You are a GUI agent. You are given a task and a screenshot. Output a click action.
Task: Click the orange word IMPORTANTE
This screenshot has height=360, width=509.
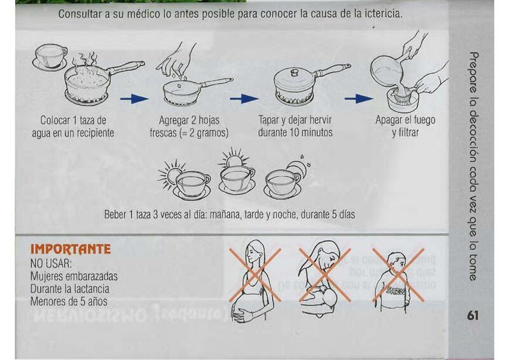coord(71,249)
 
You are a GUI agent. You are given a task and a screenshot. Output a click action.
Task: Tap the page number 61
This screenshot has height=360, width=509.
coord(473,315)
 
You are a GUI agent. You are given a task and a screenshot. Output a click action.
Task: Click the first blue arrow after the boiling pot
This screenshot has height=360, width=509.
coord(134,99)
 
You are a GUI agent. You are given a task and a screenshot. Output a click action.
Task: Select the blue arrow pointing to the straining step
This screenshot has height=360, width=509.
coord(359,99)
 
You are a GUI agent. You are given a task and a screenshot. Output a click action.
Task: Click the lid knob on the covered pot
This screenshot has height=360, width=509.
coord(295,72)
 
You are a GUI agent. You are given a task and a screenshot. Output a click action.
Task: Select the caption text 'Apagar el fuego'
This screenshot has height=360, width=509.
coord(405,120)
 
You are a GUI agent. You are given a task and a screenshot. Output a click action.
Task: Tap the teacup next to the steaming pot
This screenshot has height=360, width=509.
coord(50,57)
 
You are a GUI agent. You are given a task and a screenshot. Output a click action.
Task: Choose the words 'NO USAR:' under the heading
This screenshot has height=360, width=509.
coord(51,263)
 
